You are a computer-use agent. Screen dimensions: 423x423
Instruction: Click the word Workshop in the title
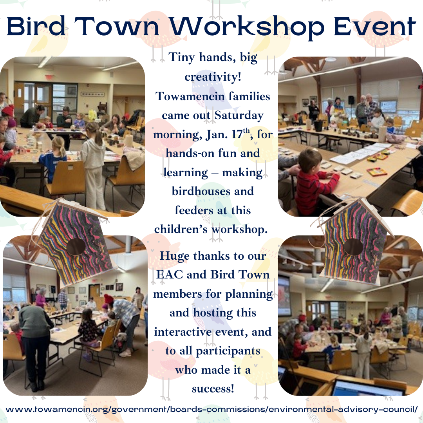(x=247, y=27)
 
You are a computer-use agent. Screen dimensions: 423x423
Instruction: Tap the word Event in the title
(x=375, y=27)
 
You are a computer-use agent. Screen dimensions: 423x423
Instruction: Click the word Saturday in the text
(x=239, y=116)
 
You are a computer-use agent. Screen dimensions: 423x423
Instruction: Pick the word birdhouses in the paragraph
(x=200, y=191)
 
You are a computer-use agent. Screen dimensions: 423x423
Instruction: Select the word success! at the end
(x=213, y=389)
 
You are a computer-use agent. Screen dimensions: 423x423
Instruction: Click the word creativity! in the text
(x=213, y=77)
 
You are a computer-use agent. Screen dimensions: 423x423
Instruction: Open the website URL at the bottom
(x=211, y=409)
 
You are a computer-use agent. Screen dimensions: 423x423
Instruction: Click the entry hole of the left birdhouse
(x=76, y=246)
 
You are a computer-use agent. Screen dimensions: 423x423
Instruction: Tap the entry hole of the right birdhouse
(x=353, y=247)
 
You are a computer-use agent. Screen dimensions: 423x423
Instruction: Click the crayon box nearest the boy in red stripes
(x=377, y=172)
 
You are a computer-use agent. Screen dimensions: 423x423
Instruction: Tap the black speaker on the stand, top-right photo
(x=351, y=100)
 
